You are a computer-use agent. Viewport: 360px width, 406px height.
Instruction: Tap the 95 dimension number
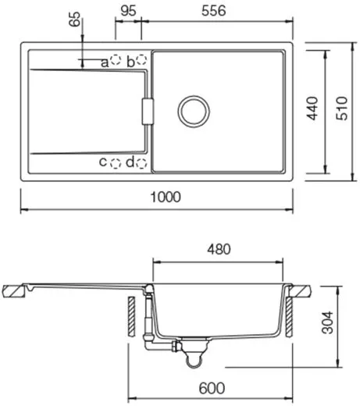click(130, 12)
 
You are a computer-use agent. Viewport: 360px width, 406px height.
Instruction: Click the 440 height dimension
click(312, 111)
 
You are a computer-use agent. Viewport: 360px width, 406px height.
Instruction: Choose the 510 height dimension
click(341, 111)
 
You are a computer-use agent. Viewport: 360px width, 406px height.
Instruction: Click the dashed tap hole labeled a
click(116, 60)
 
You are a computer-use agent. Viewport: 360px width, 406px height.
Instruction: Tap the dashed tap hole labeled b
click(142, 60)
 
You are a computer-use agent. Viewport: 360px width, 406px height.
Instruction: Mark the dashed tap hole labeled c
click(116, 162)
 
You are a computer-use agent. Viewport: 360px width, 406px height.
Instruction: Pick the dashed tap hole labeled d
click(142, 162)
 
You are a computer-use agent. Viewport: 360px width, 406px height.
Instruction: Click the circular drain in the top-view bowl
click(193, 111)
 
